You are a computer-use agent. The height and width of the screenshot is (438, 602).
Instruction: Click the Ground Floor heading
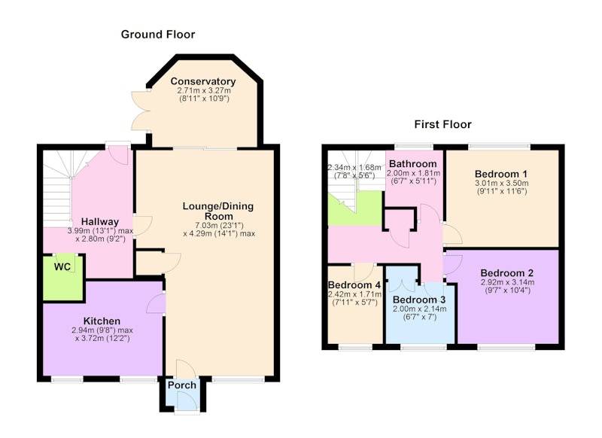158,35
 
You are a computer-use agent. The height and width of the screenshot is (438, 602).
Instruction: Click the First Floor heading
442,124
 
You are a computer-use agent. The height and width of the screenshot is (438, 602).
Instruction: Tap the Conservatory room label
203,81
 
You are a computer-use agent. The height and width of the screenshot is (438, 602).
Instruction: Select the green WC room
62,278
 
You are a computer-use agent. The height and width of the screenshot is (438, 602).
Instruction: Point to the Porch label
182,385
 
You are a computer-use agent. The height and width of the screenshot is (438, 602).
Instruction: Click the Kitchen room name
102,321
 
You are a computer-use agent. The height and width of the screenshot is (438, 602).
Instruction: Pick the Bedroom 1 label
501,174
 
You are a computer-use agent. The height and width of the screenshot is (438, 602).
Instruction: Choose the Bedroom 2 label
506,273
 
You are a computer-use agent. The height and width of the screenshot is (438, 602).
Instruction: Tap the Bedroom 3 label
420,300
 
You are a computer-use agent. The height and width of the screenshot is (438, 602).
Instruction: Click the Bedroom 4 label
354,285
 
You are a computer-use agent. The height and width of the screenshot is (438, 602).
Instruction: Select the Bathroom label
412,164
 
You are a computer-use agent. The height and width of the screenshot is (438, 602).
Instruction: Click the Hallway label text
100,222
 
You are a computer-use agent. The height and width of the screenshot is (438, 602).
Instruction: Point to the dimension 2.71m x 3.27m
204,91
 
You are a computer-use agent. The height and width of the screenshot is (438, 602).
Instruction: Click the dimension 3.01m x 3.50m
501,183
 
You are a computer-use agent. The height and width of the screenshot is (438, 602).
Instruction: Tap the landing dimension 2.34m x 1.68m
354,167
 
